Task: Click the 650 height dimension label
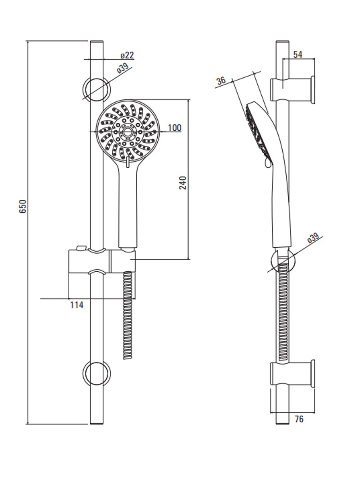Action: [x=23, y=206]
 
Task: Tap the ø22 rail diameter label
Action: [x=127, y=55]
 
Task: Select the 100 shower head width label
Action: [x=175, y=128]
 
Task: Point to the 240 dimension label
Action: [x=183, y=183]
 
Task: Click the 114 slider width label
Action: [x=77, y=305]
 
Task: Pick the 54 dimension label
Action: [x=298, y=54]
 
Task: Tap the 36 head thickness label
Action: [x=221, y=81]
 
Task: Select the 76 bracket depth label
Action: [x=299, y=419]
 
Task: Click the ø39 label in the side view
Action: [x=313, y=238]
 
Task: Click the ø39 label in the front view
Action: [x=123, y=68]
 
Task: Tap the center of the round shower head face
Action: [x=128, y=132]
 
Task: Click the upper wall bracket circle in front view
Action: [x=96, y=89]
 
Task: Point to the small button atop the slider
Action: [x=81, y=248]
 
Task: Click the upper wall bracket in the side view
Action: [x=292, y=90]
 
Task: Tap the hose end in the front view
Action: [x=127, y=357]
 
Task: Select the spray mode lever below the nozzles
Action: [x=128, y=162]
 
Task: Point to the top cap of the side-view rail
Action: [x=283, y=41]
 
